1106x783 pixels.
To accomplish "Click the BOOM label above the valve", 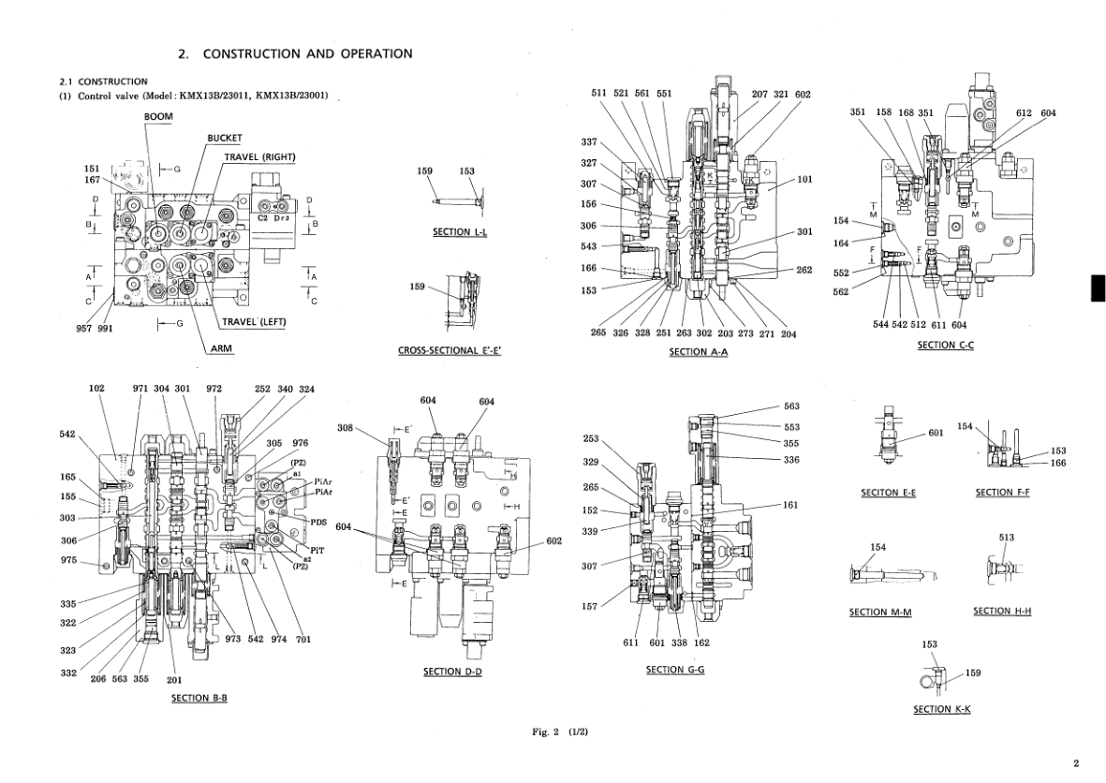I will [158, 115].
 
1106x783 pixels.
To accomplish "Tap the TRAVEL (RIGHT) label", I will [259, 156].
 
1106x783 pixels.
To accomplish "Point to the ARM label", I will [220, 347].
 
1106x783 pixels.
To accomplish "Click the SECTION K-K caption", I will [941, 709].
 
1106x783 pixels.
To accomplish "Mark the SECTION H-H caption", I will [1002, 612].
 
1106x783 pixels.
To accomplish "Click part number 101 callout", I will [804, 180].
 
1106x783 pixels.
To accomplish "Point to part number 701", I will [303, 640].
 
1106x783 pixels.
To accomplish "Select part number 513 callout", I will [1007, 538].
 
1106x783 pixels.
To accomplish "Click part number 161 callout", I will [791, 505].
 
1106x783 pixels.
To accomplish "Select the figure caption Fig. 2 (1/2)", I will [560, 731].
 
